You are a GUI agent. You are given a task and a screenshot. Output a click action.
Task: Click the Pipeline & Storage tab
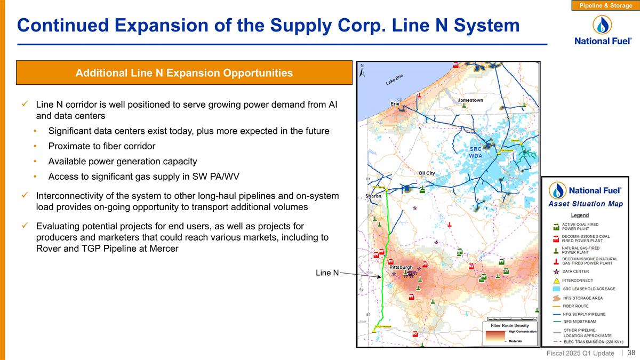pos(605,5)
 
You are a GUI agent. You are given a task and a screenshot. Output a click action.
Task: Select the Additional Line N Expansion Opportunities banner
pos(184,73)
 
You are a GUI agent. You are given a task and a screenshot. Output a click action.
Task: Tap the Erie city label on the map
pos(395,103)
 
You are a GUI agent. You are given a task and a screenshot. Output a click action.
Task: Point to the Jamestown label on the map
pos(470,100)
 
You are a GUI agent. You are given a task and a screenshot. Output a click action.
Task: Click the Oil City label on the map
pos(427,173)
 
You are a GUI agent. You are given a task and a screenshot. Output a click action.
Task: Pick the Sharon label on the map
pos(373,196)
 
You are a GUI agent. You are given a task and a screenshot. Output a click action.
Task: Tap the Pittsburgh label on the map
pos(401,267)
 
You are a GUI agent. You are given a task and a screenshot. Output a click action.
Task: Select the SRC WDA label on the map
pos(476,152)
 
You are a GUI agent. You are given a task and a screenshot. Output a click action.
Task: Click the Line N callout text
pos(327,273)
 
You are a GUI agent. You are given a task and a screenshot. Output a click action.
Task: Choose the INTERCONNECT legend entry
pos(578,280)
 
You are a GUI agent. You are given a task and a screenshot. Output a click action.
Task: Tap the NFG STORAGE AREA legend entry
pos(583,298)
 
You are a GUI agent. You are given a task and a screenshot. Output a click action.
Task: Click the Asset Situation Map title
pos(585,204)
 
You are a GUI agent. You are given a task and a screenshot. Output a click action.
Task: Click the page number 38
pos(631,353)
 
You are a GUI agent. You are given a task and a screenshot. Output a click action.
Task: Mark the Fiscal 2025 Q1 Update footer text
pos(581,353)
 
